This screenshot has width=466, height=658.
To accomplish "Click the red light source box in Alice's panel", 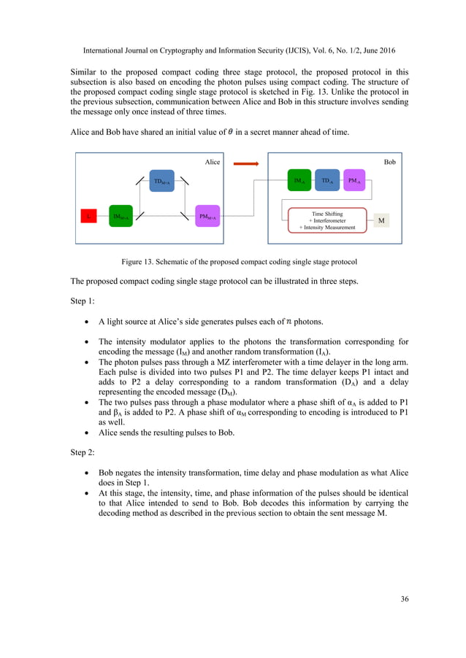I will click(x=88, y=217).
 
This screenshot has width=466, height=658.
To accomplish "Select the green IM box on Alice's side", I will click(x=121, y=217).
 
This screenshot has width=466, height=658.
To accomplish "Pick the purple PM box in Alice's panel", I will click(x=207, y=217).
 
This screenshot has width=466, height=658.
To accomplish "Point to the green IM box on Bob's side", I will click(x=299, y=180).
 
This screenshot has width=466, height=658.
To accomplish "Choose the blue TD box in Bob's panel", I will click(x=327, y=180).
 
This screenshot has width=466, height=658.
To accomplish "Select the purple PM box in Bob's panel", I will click(x=354, y=180).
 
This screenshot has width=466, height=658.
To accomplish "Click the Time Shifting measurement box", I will click(x=327, y=220).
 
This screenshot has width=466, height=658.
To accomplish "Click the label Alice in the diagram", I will click(x=212, y=162).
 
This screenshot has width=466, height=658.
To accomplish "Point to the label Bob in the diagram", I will click(x=389, y=162).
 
